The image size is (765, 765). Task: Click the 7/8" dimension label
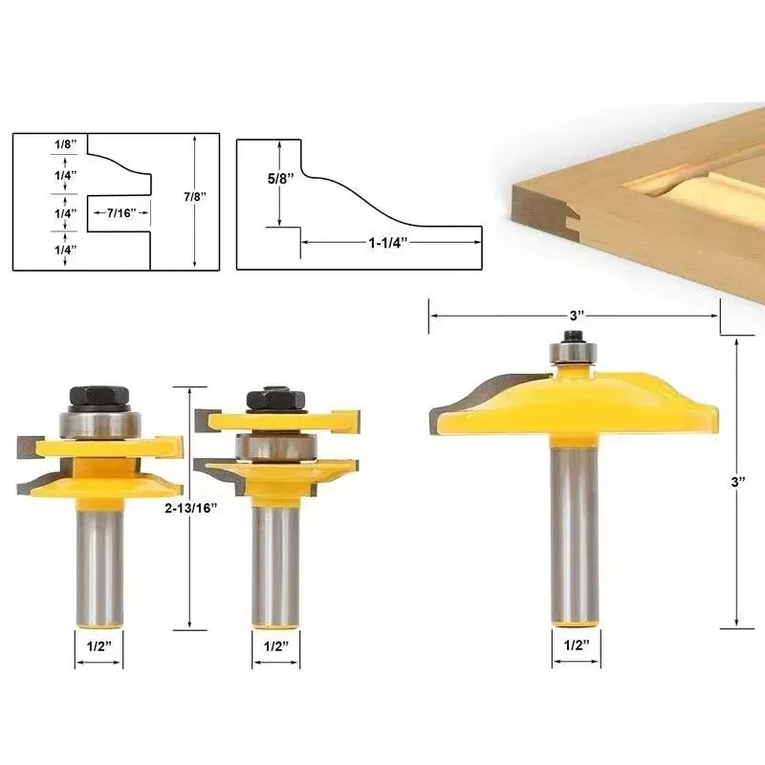pos(195,197)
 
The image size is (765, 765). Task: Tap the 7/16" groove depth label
pos(121,212)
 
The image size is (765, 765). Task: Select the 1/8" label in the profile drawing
pos(65,144)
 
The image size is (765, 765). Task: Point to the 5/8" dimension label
pos(280,179)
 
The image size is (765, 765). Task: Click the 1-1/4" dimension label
pos(388,243)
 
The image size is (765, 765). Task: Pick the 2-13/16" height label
pos(190,508)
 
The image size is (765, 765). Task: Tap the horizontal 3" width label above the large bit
pos(577,316)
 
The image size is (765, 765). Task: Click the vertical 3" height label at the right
pos(738,482)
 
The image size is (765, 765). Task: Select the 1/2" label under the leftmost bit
pos(99,646)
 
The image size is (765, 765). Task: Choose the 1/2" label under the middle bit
pos(276,646)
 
